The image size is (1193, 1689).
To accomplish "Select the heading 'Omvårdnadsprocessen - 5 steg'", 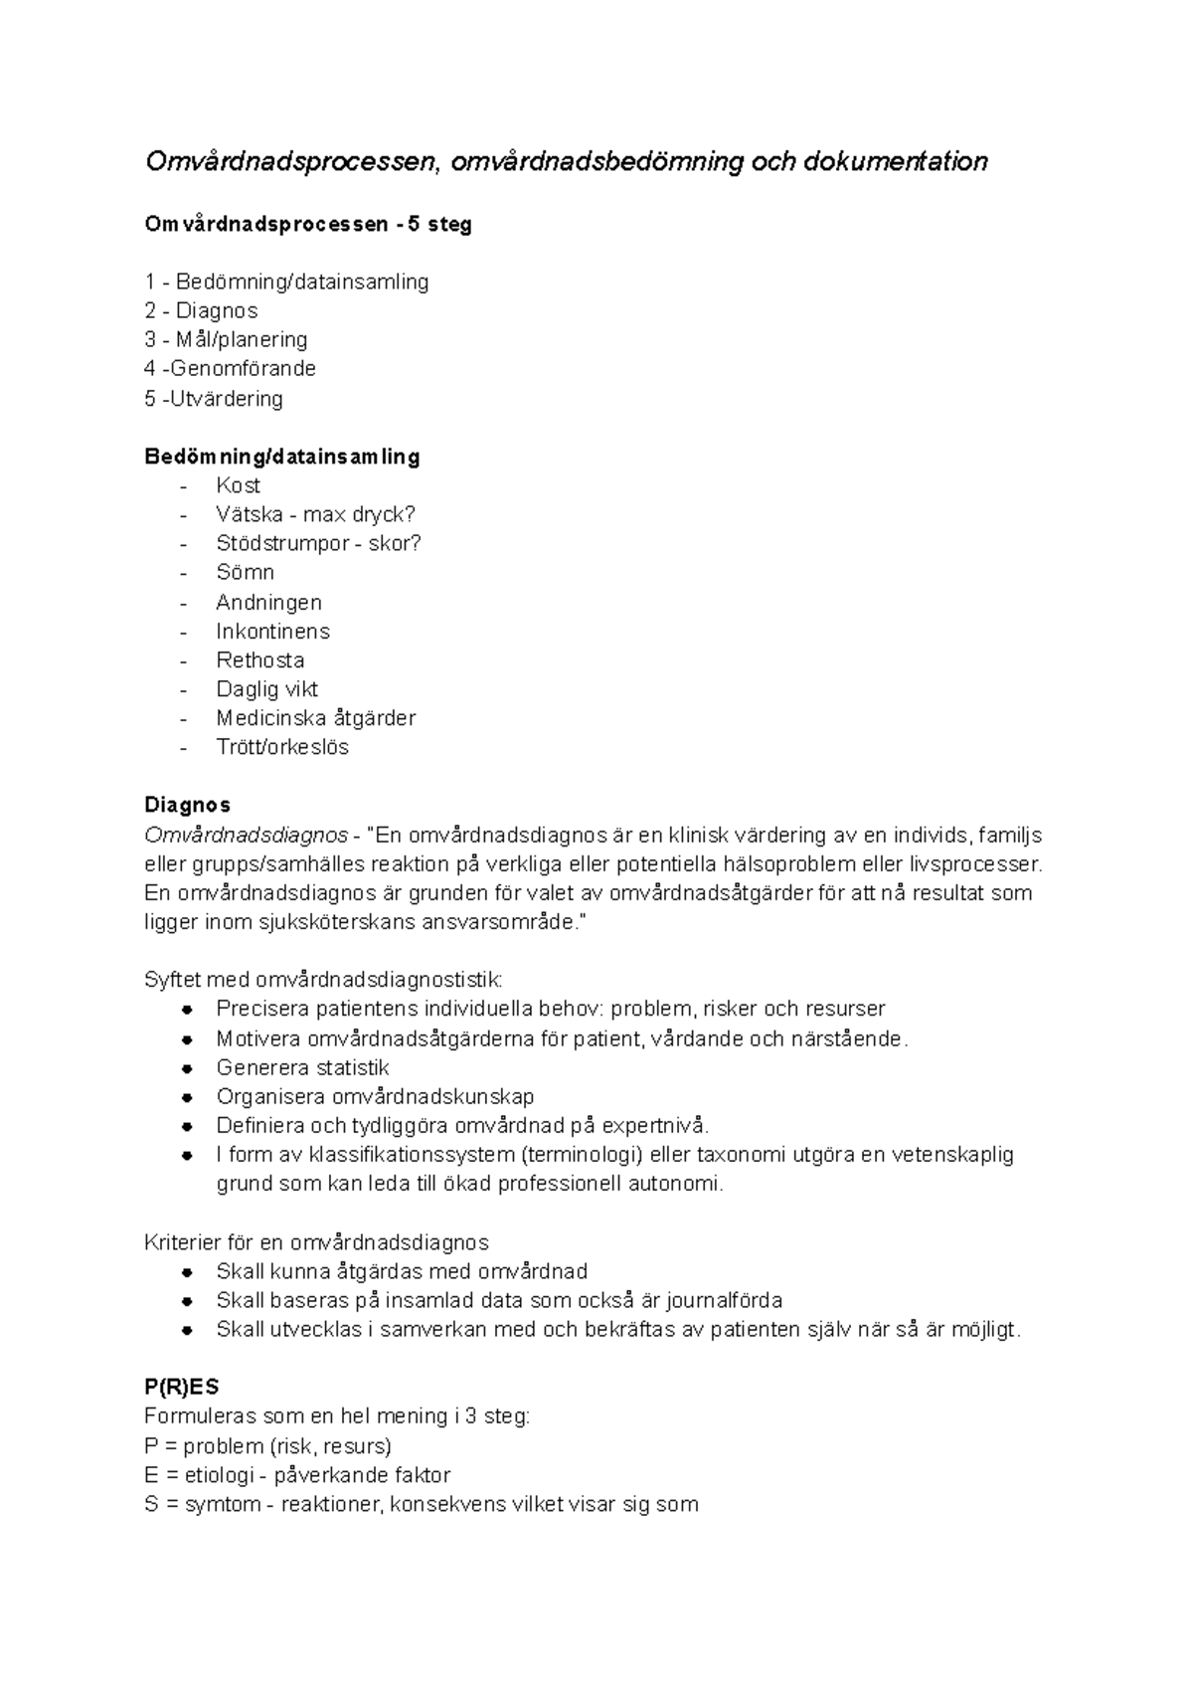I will click(308, 225).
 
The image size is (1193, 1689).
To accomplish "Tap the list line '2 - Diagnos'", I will click(201, 310).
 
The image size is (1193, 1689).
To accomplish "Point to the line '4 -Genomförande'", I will click(230, 369).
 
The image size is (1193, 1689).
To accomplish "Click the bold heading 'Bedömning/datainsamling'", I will click(281, 457).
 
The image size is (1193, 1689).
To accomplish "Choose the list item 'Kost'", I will click(238, 485).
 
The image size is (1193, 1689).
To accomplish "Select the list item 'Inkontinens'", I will click(272, 632).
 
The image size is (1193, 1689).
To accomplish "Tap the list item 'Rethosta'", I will click(259, 660).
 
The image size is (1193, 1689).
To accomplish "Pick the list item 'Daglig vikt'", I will click(266, 689).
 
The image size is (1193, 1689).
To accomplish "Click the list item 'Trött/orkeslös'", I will click(282, 747).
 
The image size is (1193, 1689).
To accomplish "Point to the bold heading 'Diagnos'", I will click(187, 805).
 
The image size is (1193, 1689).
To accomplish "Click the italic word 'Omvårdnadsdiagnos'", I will click(246, 835).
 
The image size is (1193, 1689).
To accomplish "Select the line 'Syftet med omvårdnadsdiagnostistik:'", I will click(323, 980).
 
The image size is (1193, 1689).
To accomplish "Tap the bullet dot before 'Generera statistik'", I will click(187, 1068).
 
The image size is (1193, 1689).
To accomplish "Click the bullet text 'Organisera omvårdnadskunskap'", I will click(375, 1097).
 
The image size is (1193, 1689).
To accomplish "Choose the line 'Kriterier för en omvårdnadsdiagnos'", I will click(316, 1242).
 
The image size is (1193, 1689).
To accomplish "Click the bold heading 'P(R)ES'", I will click(181, 1388).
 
